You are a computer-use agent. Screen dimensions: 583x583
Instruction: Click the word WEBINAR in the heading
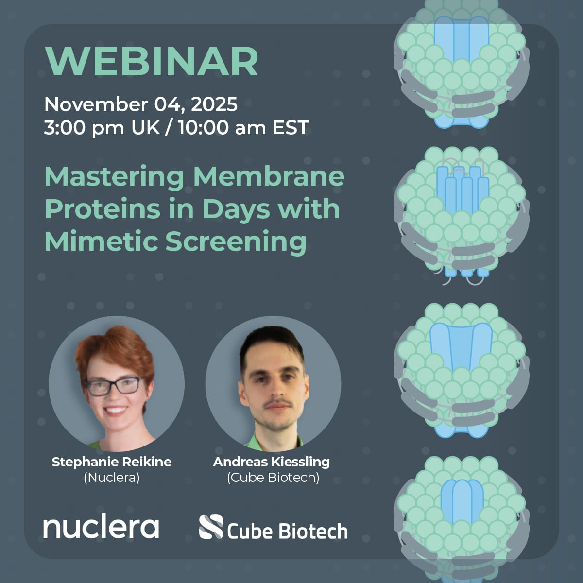click(151, 62)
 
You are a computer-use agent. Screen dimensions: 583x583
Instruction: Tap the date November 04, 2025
click(141, 104)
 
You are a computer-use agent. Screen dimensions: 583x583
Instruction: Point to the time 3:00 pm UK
click(102, 128)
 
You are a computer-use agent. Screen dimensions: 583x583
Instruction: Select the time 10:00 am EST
click(243, 128)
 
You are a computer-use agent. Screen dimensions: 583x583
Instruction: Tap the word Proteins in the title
click(94, 209)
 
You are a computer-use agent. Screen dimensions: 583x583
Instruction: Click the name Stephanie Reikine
click(112, 462)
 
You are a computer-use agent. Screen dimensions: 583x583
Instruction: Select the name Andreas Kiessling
click(272, 462)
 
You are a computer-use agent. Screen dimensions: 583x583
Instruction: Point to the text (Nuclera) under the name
click(112, 478)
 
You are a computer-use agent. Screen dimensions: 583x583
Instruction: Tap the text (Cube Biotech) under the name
click(273, 478)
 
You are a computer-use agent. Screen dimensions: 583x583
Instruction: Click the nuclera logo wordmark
click(101, 527)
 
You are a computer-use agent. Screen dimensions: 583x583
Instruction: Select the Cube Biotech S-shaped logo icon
click(211, 527)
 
